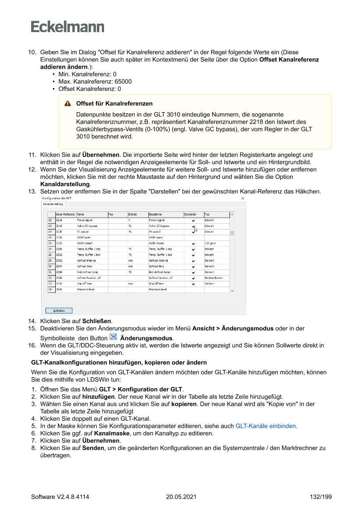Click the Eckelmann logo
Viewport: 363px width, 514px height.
[x=68, y=27]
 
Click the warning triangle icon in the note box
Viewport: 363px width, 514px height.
[x=68, y=104]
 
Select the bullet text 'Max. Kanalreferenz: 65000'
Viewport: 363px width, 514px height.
[x=95, y=82]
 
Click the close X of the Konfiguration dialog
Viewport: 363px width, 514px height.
[x=243, y=199]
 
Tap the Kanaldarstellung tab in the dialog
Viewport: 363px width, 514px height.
[x=53, y=204]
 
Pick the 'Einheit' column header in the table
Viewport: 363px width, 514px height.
[x=133, y=214]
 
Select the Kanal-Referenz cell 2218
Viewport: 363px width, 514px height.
[x=59, y=226]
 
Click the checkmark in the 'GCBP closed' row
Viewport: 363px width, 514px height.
[x=193, y=243]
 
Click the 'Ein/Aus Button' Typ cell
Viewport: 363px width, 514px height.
[x=213, y=278]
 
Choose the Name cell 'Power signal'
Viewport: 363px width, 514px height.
[x=85, y=220]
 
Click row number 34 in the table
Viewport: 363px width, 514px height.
[x=50, y=289]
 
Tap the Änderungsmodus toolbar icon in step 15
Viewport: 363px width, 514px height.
[x=113, y=337]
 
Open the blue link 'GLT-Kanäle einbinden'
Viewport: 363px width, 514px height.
[x=265, y=426]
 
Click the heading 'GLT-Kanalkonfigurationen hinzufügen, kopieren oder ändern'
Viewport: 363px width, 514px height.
[x=119, y=363]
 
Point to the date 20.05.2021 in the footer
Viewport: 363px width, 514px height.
[x=181, y=497]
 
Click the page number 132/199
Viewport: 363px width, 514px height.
[x=320, y=497]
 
